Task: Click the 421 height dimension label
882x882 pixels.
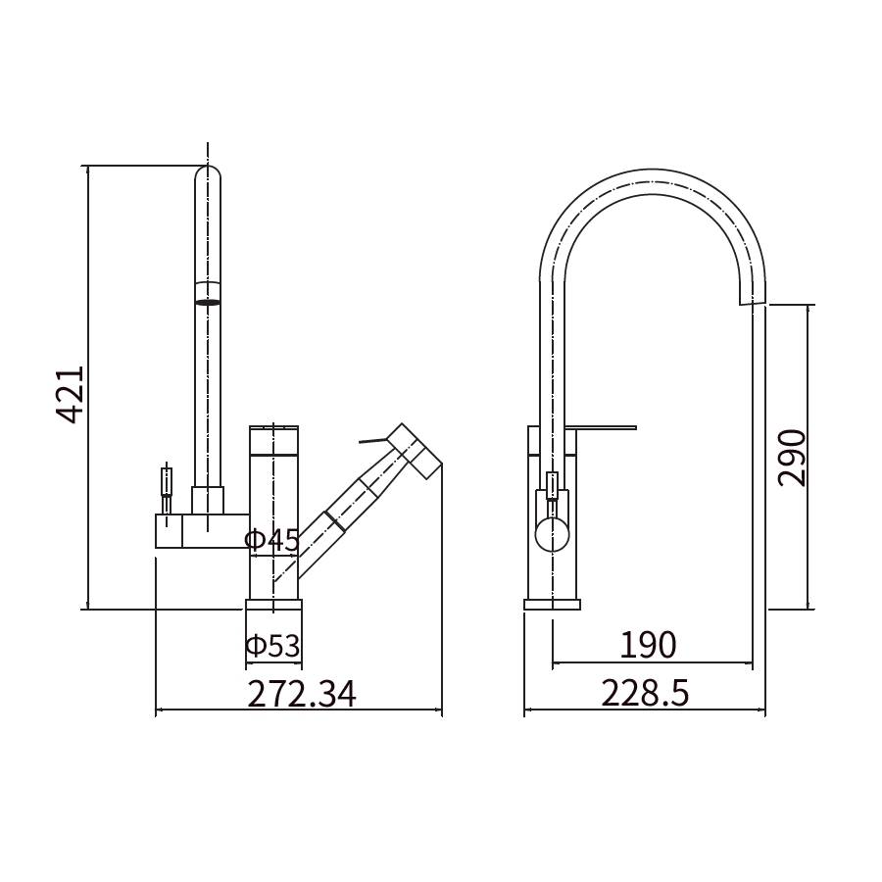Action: pos(71,394)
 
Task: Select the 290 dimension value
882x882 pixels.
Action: pos(792,458)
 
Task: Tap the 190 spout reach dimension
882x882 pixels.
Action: pos(648,645)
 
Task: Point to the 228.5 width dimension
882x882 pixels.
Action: pos(645,693)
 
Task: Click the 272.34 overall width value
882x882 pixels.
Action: pos(302,694)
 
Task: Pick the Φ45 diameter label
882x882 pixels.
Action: pos(272,541)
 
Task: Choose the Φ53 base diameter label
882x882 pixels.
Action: pos(273,646)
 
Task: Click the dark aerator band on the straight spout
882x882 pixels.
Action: pos(208,303)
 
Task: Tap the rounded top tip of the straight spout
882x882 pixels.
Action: pos(208,167)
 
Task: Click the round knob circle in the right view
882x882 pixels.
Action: pos(553,534)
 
